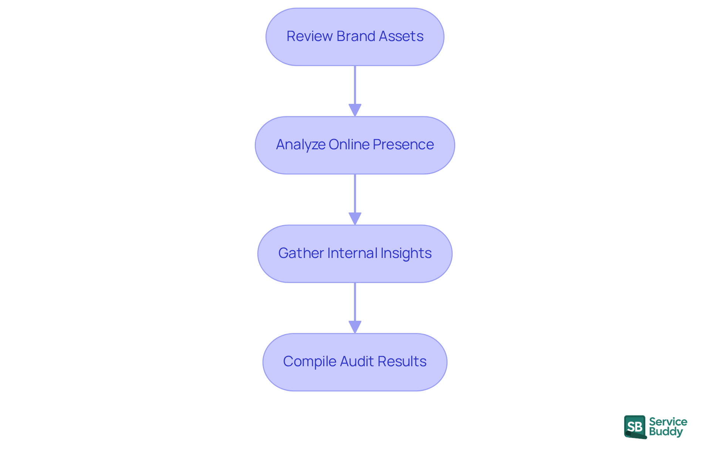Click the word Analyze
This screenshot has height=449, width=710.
coord(300,144)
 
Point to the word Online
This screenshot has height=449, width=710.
coord(349,144)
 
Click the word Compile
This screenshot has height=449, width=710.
coord(310,361)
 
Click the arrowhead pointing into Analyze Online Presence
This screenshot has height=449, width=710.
coord(355,110)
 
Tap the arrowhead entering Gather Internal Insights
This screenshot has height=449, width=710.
coord(355,218)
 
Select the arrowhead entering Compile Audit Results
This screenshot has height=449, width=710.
coord(355,327)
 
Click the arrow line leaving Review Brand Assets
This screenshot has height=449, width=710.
coord(355,85)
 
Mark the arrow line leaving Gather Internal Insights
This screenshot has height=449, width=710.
coord(355,302)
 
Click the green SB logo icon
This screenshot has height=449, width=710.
coord(635,427)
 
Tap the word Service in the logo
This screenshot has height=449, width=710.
coord(668,422)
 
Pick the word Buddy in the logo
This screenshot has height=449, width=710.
coord(666,432)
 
